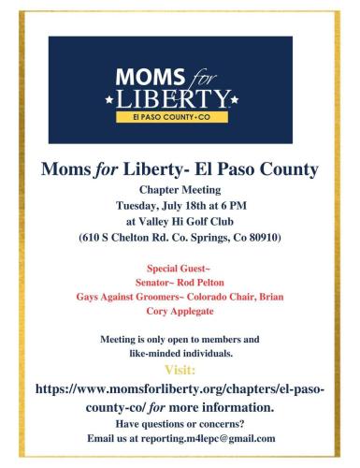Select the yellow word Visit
(180, 367)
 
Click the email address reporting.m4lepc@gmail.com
(208, 437)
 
